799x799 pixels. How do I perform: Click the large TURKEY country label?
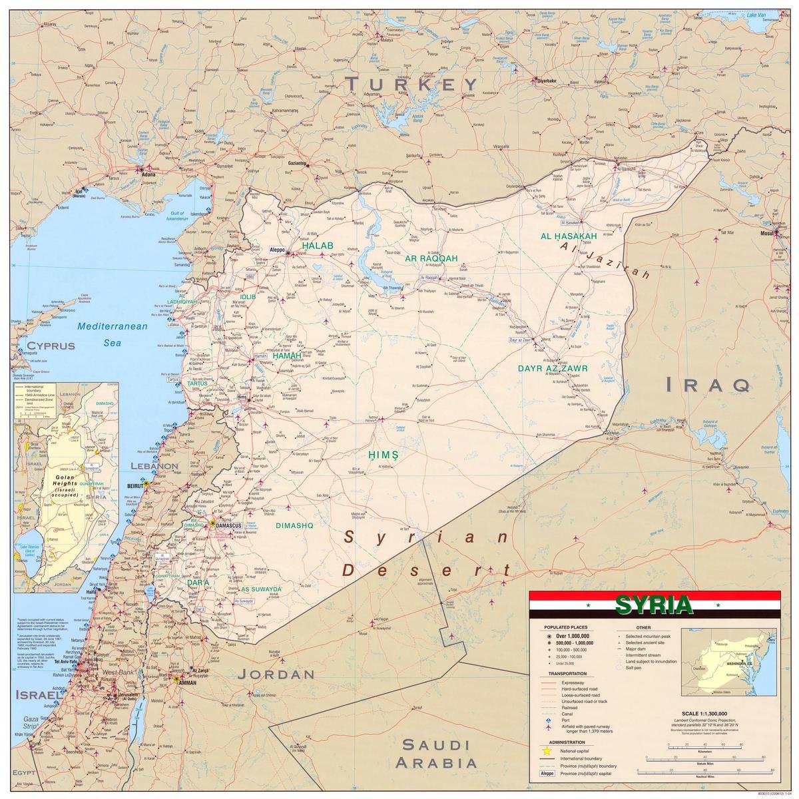(x=411, y=84)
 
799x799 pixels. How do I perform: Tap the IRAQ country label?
(x=707, y=384)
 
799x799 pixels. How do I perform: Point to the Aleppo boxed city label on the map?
(x=276, y=250)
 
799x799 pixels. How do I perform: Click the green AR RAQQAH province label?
(x=430, y=258)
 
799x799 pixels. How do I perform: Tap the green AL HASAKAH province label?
(x=568, y=236)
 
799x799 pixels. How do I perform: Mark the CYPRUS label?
(x=51, y=346)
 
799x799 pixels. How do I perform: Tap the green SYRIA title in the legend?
(x=653, y=605)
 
